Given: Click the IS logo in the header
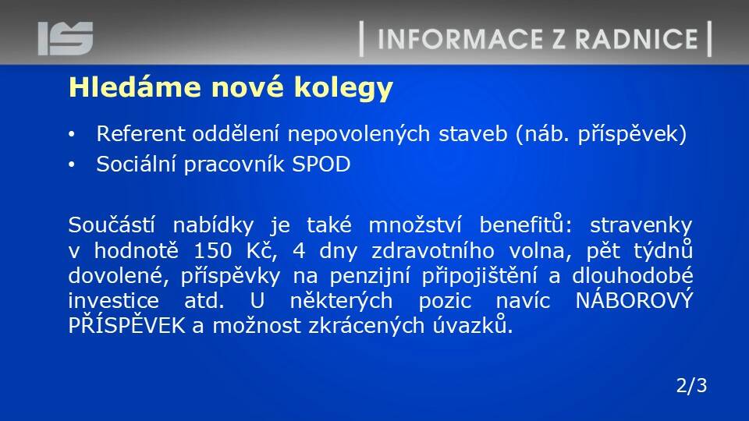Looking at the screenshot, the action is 66,38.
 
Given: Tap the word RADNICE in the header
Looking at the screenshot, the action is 637,39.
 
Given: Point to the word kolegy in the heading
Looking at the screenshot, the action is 343,89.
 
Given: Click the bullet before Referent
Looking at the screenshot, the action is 72,134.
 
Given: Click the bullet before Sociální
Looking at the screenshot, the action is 72,165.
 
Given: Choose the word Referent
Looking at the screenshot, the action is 140,133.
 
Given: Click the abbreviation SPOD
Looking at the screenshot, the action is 321,165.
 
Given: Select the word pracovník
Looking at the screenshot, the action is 234,165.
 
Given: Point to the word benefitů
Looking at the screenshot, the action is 525,225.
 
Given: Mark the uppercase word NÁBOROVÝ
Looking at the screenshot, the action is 634,300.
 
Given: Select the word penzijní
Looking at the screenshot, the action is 370,277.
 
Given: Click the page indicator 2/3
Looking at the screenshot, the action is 691,386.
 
